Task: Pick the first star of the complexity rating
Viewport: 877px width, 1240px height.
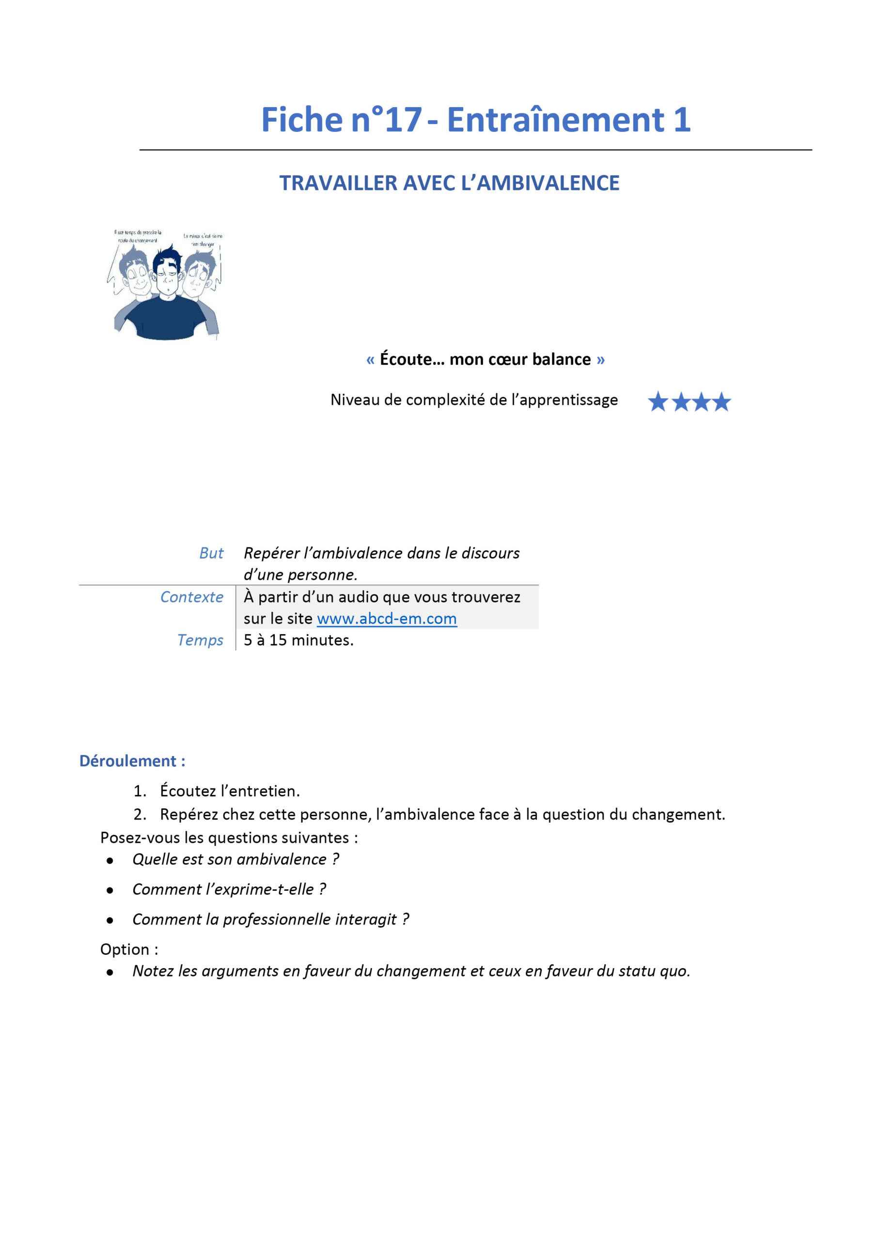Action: pos(658,402)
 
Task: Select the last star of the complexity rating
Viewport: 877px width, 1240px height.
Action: pos(721,402)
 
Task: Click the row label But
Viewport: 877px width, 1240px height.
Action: pos(211,553)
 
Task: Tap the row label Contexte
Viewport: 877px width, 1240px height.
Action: pos(192,597)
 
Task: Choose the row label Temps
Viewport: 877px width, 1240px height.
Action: pos(200,640)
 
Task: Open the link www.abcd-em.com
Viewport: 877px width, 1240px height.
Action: pos(386,619)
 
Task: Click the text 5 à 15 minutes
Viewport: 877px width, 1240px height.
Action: pos(298,640)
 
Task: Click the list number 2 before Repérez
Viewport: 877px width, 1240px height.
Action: pos(140,814)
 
